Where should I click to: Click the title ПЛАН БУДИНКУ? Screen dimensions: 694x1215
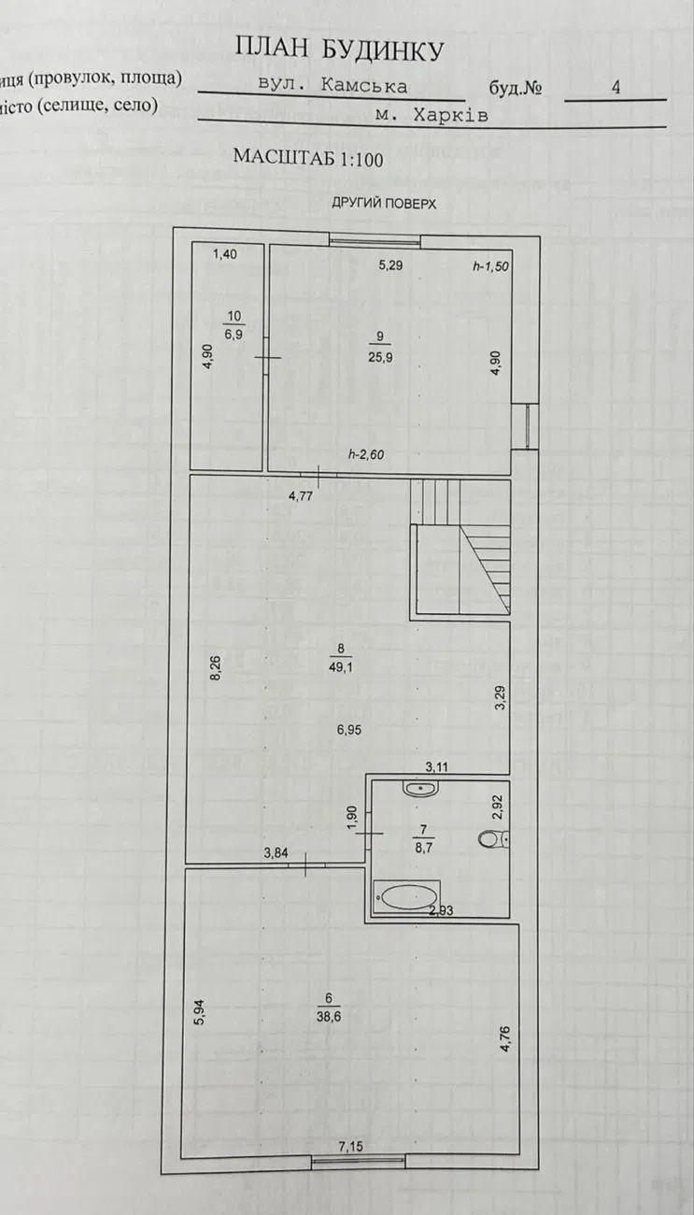click(339, 50)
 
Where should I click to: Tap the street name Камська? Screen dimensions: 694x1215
click(363, 85)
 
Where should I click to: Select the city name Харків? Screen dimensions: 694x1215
click(450, 115)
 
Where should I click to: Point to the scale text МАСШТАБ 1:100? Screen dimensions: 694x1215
click(308, 157)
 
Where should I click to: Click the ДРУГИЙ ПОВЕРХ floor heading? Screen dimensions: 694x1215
click(384, 204)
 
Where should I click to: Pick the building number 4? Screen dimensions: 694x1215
click(616, 87)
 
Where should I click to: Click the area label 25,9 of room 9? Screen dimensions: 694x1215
click(380, 357)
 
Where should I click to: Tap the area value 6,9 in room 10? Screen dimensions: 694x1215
click(234, 335)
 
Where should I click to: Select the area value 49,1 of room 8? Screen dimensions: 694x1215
click(341, 667)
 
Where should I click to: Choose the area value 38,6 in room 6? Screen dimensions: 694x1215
click(329, 1017)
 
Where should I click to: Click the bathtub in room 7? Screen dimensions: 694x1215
click(407, 896)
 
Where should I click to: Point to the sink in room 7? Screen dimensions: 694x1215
click(420, 788)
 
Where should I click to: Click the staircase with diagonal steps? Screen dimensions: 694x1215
click(460, 548)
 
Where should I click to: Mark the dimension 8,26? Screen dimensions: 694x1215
click(216, 668)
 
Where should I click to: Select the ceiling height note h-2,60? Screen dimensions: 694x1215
click(366, 454)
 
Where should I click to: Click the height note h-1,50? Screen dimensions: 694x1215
click(490, 267)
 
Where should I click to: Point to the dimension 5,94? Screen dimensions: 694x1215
click(200, 1012)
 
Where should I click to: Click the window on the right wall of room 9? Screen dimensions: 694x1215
click(527, 425)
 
